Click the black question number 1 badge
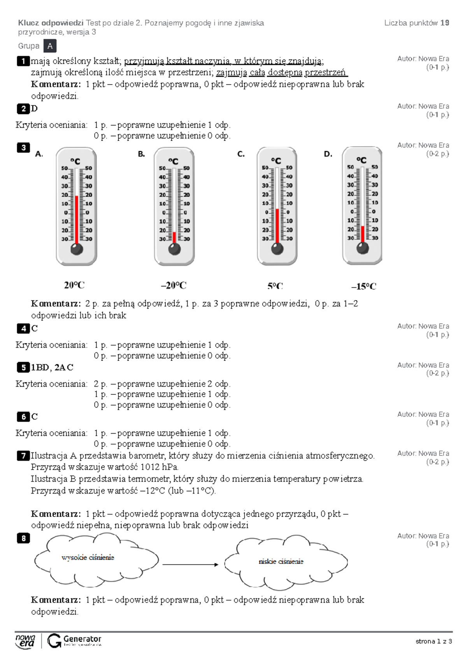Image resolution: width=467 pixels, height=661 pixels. coord(23,61)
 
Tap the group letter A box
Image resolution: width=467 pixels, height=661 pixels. coord(50,46)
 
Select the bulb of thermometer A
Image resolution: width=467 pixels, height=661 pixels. coord(77,249)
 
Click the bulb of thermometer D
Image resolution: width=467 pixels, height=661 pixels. coord(363,248)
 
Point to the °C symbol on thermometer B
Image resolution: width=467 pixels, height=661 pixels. coord(173,161)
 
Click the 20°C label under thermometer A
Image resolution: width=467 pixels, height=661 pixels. coord(74,285)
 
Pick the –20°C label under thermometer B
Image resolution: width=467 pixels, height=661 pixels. coord(174,286)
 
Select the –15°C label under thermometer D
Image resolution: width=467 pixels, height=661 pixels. coord(363,287)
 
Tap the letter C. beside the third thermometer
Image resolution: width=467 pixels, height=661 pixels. coord(241,154)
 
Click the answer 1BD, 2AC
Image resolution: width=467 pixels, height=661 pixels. coord(52,367)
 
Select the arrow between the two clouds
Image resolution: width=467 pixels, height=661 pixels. coord(190,564)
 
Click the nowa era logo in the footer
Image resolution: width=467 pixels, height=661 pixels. coord(25,641)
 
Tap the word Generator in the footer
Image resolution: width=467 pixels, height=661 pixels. coord(82,639)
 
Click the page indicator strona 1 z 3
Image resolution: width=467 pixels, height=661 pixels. coord(434,641)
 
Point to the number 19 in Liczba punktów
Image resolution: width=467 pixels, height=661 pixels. coord(445,23)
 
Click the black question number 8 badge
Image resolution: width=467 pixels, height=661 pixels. coord(23,538)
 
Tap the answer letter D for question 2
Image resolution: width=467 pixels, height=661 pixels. coord(34,109)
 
